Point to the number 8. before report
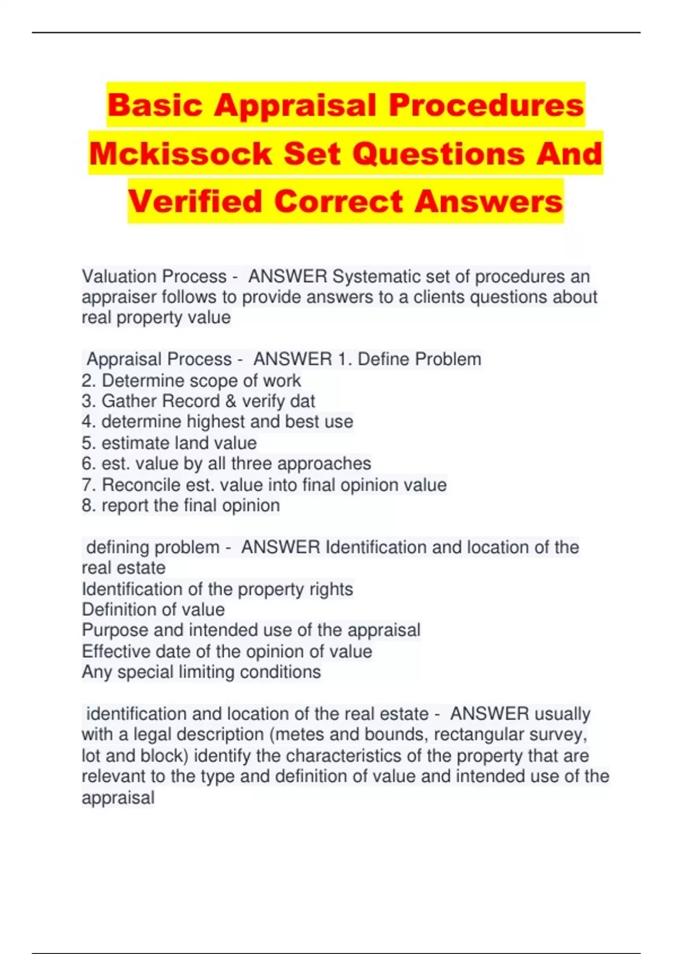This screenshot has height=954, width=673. (x=89, y=506)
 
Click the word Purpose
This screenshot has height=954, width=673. (x=115, y=630)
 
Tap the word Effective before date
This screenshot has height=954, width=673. (x=116, y=652)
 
